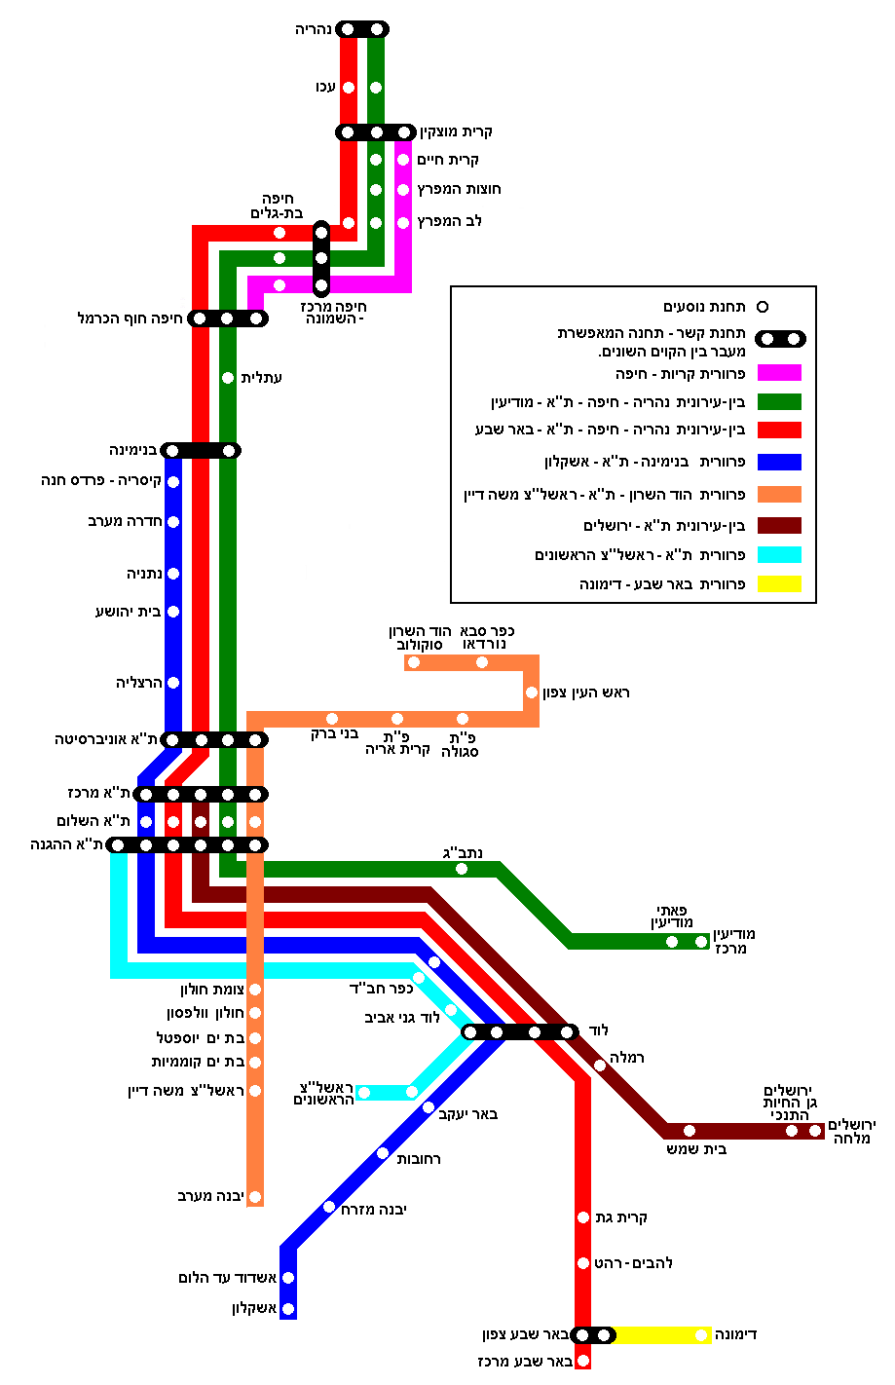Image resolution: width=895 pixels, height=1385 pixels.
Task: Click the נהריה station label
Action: click(314, 30)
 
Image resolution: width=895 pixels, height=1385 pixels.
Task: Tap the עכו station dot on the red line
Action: click(349, 88)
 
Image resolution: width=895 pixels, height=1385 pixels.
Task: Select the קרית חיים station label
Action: click(448, 160)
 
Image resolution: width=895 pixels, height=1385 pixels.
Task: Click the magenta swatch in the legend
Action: click(779, 373)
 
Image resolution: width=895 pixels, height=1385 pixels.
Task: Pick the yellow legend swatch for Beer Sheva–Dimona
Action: click(779, 584)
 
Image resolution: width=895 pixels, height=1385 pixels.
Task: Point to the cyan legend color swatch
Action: click(779, 555)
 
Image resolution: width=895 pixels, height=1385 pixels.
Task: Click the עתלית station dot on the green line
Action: click(228, 378)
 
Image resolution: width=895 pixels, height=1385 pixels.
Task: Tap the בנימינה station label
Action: click(133, 451)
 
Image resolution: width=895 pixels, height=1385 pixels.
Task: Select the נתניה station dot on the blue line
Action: click(173, 574)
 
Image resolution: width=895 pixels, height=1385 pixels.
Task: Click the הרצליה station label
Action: click(138, 684)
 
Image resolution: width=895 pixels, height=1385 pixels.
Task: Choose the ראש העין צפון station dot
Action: click(532, 692)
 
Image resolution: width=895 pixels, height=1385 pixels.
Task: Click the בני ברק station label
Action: click(334, 734)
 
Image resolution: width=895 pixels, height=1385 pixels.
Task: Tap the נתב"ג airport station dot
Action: click(462, 869)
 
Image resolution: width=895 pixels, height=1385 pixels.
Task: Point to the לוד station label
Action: click(598, 1030)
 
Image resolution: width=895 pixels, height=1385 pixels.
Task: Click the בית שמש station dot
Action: click(690, 1131)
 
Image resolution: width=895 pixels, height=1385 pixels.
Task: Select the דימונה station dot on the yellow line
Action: click(701, 1335)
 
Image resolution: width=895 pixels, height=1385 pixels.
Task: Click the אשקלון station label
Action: click(254, 1308)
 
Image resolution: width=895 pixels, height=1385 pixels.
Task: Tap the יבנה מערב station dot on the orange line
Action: click(255, 1197)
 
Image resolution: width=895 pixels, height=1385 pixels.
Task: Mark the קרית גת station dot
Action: click(583, 1217)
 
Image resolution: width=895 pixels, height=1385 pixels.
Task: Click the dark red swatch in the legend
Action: click(779, 526)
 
